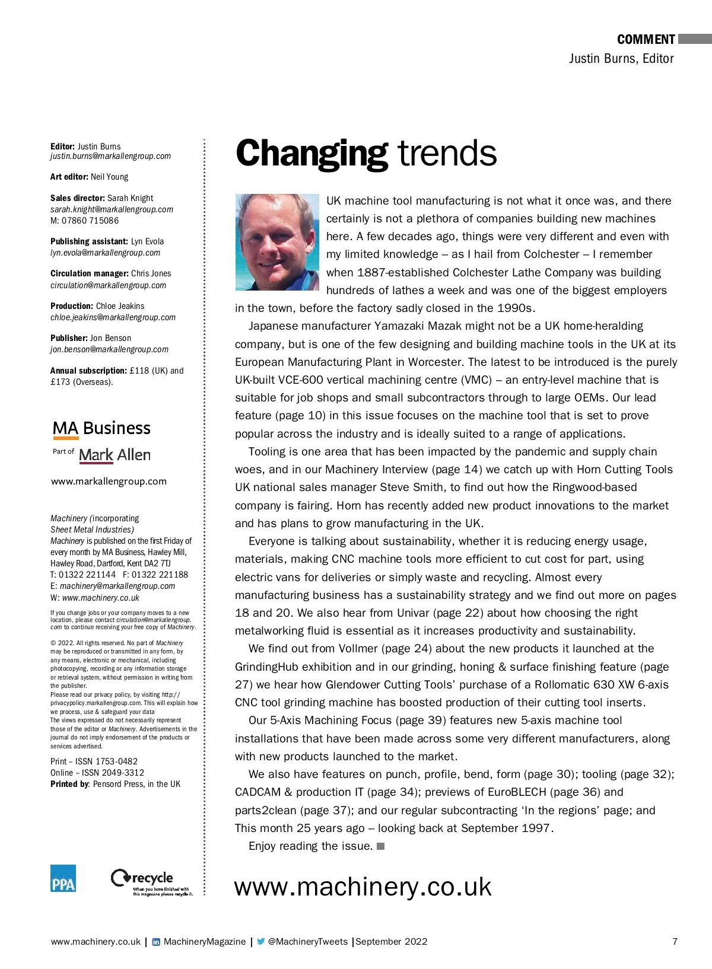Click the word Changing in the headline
[x=311, y=154]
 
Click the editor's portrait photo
[x=277, y=242]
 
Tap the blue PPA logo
[x=63, y=878]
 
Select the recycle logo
[x=151, y=881]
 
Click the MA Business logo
[x=101, y=429]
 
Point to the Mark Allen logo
[x=115, y=455]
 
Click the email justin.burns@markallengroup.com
[x=110, y=157]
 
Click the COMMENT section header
[x=646, y=40]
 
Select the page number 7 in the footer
[x=675, y=942]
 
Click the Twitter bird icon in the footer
[x=260, y=942]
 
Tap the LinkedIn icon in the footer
[x=156, y=942]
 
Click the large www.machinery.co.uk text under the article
[x=363, y=887]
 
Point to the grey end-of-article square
[x=381, y=846]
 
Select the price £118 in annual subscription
[x=139, y=371]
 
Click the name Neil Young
[x=109, y=177]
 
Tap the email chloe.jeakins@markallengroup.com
[x=113, y=317]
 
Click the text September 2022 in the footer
[x=392, y=942]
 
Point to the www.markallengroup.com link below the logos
[x=109, y=482]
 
